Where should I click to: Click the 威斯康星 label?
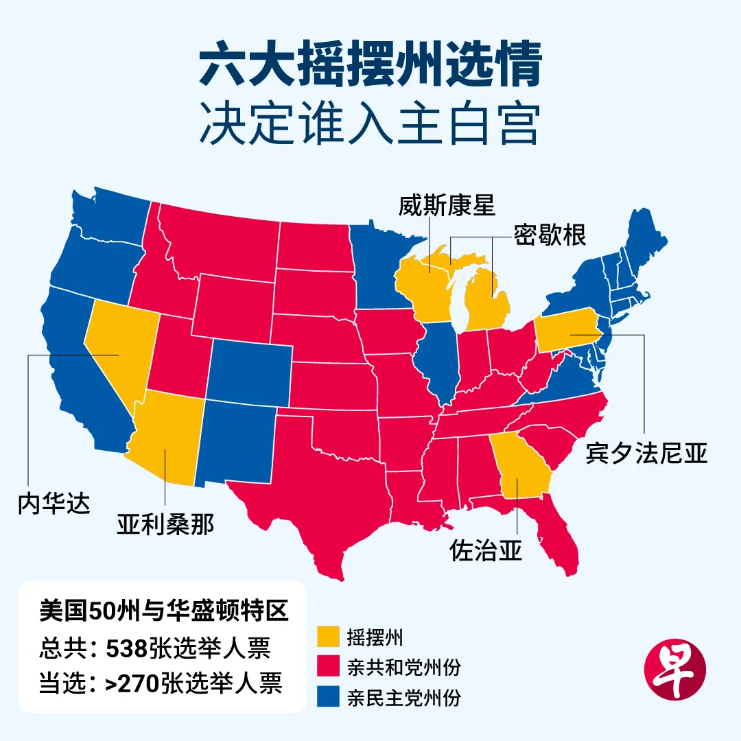(447, 206)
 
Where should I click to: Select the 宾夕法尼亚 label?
(646, 453)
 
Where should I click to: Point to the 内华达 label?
(54, 505)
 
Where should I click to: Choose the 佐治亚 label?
(486, 550)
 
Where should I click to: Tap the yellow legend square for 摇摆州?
(328, 636)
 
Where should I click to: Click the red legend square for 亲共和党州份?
(328, 667)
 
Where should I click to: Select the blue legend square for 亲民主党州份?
(328, 698)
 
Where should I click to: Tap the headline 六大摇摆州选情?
(370, 67)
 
